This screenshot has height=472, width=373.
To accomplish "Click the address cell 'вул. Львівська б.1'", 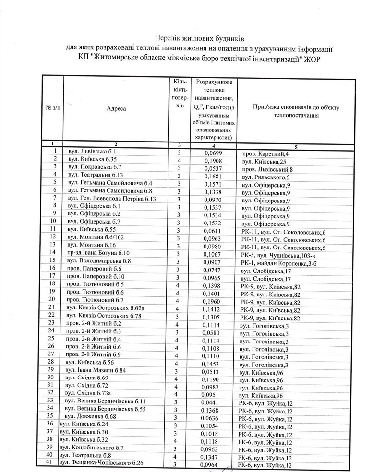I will click(92, 152).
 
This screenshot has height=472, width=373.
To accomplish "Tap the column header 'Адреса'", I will click(117, 109).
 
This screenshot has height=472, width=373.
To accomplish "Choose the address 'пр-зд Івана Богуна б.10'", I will click(99, 252).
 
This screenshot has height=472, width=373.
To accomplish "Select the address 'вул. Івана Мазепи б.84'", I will click(96, 370).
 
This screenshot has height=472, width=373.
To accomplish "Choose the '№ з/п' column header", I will click(53, 109).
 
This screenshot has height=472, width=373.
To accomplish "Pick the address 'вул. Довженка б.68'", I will click(93, 417).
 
